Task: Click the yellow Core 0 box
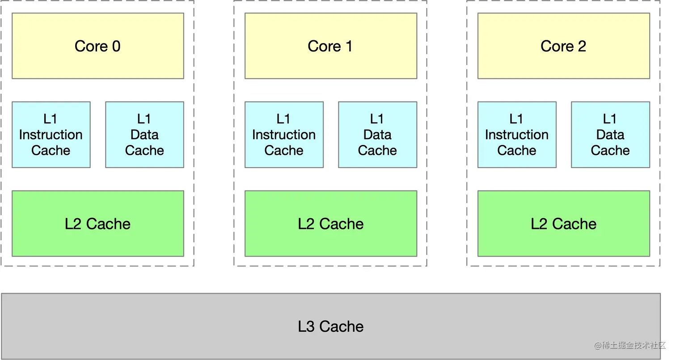pyautogui.click(x=98, y=46)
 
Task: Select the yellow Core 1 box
pyautogui.click(x=331, y=46)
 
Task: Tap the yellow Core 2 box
pyautogui.click(x=564, y=46)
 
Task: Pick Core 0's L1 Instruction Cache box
pyautogui.click(x=51, y=135)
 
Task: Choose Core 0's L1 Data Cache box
pyautogui.click(x=144, y=135)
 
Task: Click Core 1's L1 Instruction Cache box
pyautogui.click(x=284, y=135)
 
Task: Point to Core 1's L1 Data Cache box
pyautogui.click(x=377, y=135)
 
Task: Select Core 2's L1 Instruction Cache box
pyautogui.click(x=517, y=135)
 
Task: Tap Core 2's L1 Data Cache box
pyautogui.click(x=611, y=135)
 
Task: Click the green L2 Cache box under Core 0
pyautogui.click(x=98, y=224)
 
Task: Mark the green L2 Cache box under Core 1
pyautogui.click(x=331, y=224)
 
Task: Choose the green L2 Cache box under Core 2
pyautogui.click(x=564, y=224)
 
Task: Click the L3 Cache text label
pyautogui.click(x=331, y=326)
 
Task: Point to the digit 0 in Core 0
pyautogui.click(x=117, y=46)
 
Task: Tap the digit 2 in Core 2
pyautogui.click(x=582, y=46)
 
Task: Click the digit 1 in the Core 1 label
pyautogui.click(x=349, y=46)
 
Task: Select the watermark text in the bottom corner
pyautogui.click(x=630, y=345)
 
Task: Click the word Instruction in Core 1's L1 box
pyautogui.click(x=284, y=135)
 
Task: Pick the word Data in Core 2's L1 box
pyautogui.click(x=610, y=135)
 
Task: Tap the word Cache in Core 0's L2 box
pyautogui.click(x=108, y=224)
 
